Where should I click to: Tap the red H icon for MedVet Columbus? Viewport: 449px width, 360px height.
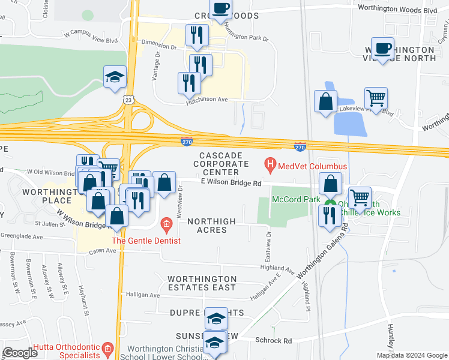(270, 163)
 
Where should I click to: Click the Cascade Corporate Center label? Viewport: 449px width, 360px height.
(220, 164)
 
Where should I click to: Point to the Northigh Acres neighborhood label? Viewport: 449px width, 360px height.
(211, 221)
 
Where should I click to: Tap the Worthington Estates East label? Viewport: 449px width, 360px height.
(202, 284)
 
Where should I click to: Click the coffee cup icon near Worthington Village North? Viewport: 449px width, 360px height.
(382, 47)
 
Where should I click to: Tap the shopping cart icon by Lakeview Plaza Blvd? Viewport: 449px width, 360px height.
(376, 97)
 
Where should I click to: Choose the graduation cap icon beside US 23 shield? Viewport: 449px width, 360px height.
(115, 76)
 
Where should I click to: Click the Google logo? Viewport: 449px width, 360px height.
(20, 353)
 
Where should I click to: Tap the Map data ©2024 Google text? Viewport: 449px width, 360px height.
(412, 355)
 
